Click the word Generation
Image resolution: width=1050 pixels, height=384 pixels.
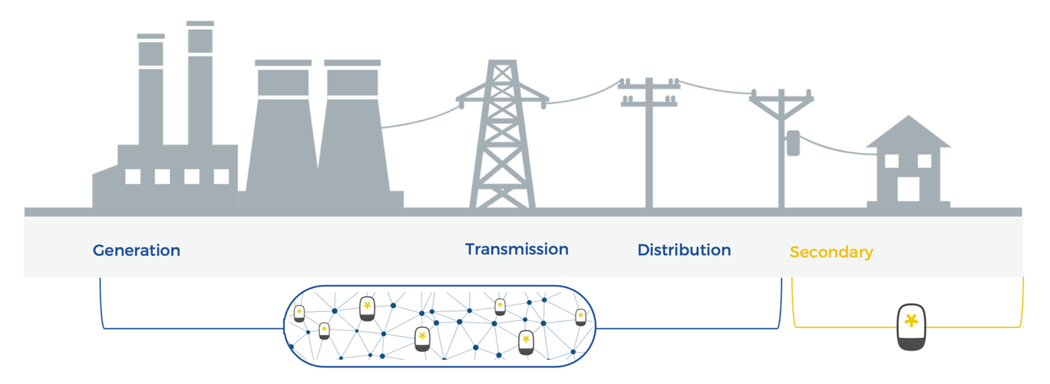point(136,251)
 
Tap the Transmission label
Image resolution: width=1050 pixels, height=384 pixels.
point(517,249)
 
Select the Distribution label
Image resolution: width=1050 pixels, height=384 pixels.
point(684,250)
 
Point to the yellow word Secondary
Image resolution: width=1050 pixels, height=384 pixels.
point(831,252)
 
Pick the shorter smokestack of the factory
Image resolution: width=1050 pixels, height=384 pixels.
point(151,92)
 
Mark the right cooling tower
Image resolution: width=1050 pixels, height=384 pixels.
point(352,136)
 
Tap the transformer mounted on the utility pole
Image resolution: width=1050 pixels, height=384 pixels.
point(792,144)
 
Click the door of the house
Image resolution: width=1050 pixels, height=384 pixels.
point(908,189)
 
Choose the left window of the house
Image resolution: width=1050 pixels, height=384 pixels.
point(892,161)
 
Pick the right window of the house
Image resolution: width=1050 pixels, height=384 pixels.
point(925,161)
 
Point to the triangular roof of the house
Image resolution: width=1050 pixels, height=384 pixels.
point(908,133)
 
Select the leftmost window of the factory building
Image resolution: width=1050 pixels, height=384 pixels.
point(133,176)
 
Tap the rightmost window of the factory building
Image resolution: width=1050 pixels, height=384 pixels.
point(222,176)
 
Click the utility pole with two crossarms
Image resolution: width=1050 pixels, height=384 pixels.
point(648,143)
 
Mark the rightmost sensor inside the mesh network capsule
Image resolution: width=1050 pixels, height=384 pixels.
point(580,317)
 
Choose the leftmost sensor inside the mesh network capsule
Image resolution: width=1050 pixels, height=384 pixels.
point(299,314)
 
